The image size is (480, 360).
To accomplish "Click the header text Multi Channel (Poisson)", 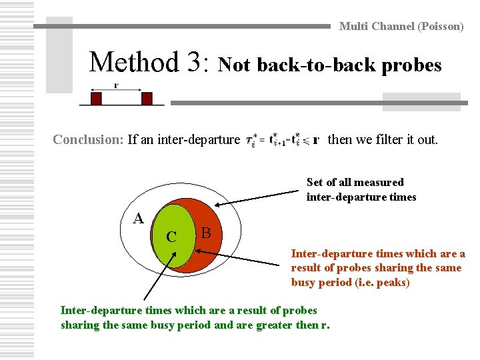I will [401, 27].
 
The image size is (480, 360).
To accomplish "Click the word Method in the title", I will [137, 63].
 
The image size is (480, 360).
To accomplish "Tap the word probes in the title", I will [415, 65].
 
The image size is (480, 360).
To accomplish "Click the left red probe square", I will [96, 99].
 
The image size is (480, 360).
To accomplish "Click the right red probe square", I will [147, 99].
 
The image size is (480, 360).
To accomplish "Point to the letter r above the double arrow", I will [116, 85].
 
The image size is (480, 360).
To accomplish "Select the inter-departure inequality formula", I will [282, 140].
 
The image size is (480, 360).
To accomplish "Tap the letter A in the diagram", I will [138, 218].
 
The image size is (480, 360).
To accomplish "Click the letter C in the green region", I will [171, 237].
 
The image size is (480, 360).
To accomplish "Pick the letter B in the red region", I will [206, 233].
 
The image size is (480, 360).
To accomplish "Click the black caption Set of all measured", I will [355, 182].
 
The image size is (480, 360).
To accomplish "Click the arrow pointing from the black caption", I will [260, 197].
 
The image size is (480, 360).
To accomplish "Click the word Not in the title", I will [235, 65].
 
